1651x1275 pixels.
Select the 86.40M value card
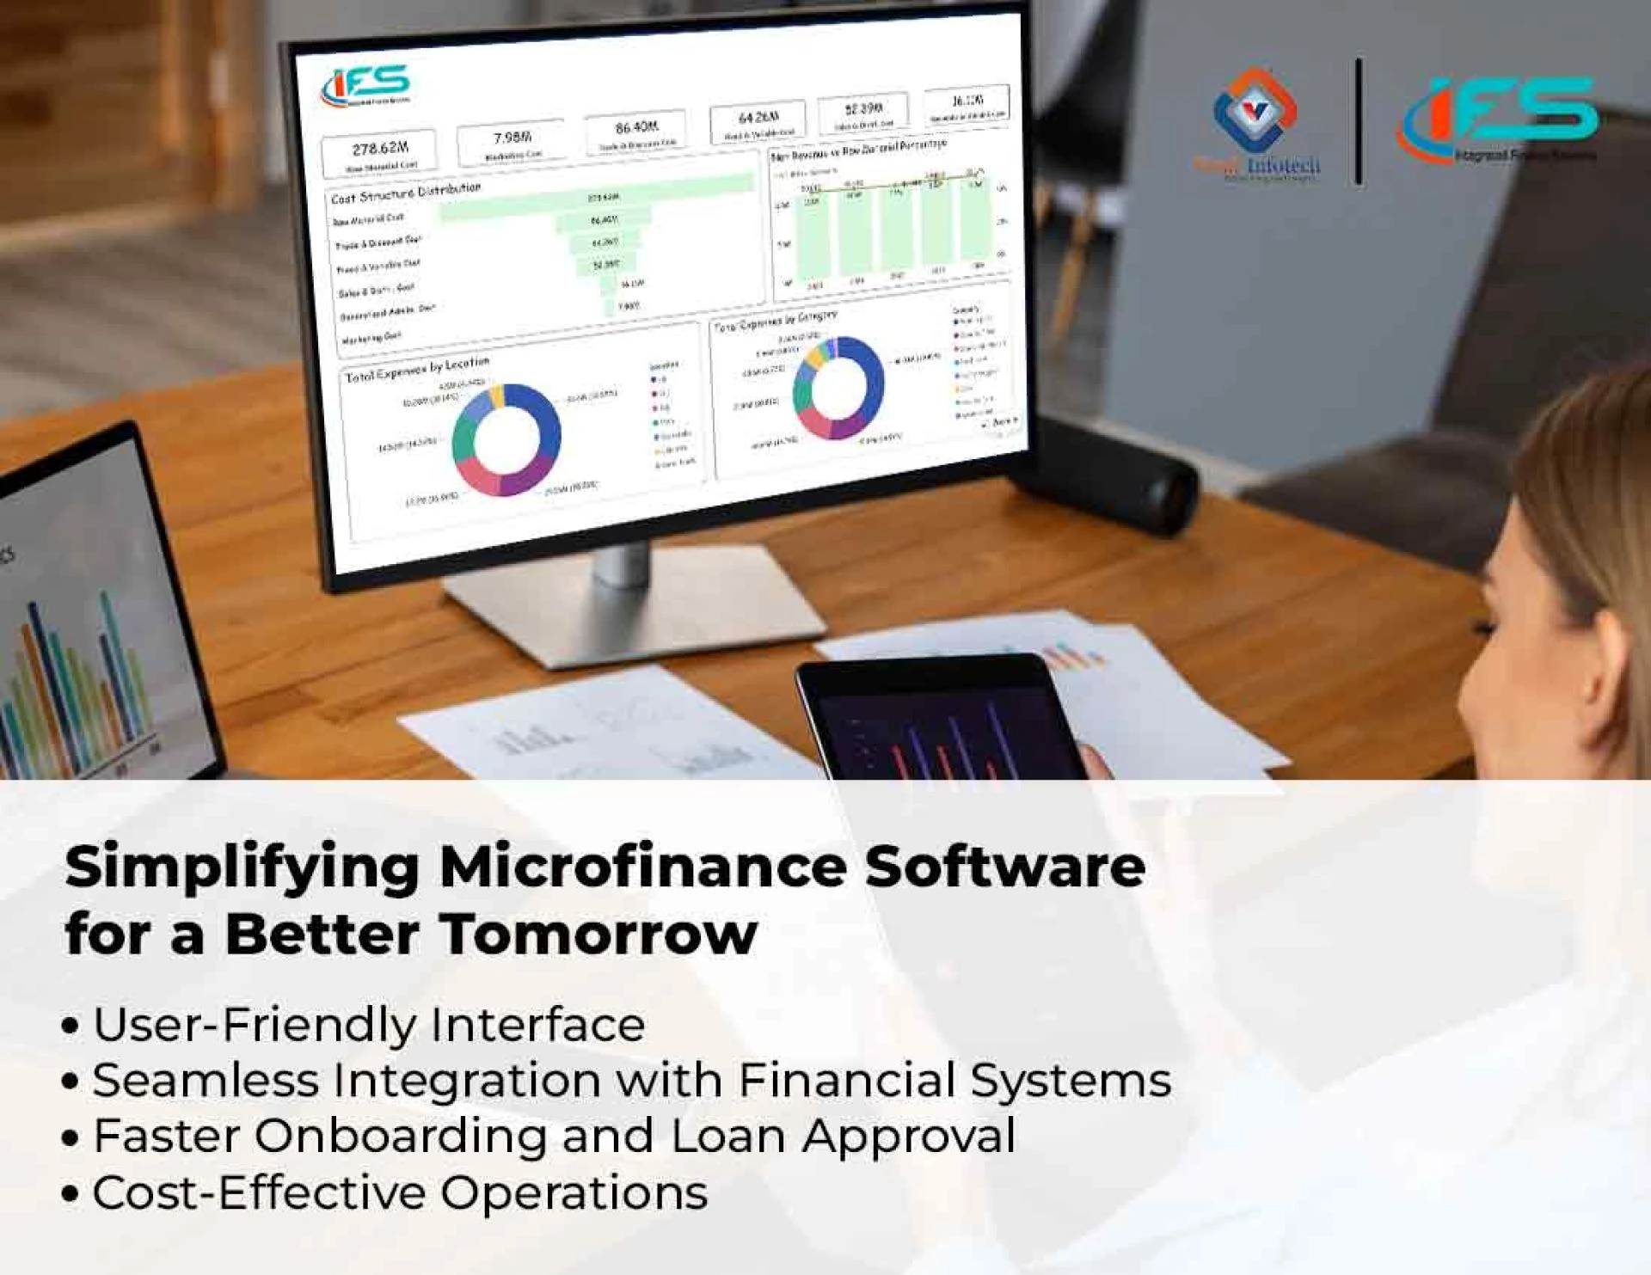coord(636,132)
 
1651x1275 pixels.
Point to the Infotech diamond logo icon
coord(1255,110)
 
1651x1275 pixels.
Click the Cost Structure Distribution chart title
coord(406,193)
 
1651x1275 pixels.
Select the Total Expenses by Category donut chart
coord(838,388)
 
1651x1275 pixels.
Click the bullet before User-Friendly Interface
coord(71,1027)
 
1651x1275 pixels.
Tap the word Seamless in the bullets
coord(206,1080)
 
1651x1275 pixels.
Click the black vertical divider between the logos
coord(1359,121)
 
